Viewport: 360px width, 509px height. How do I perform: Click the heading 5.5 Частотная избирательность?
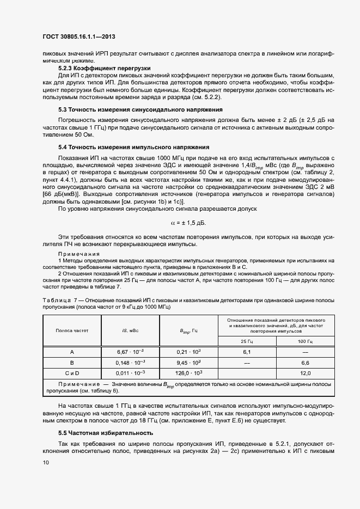(x=106, y=433)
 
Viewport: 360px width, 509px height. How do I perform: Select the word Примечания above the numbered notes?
(x=78, y=254)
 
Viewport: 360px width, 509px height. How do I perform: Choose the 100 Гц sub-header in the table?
(x=305, y=341)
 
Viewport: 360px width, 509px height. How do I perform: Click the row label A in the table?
(x=72, y=352)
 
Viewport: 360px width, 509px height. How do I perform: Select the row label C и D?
(x=72, y=373)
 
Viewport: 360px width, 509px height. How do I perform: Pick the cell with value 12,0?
(x=305, y=373)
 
